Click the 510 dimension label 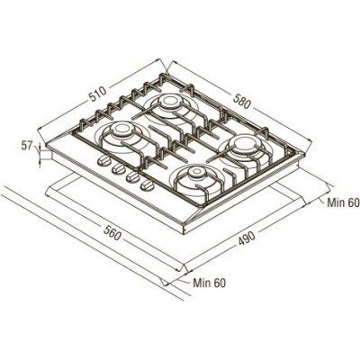point(98,94)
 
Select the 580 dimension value point(241,101)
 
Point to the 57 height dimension point(26,146)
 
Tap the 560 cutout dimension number point(112,232)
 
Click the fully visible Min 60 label point(209,283)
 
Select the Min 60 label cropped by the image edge point(343,202)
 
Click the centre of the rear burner point(169,102)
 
